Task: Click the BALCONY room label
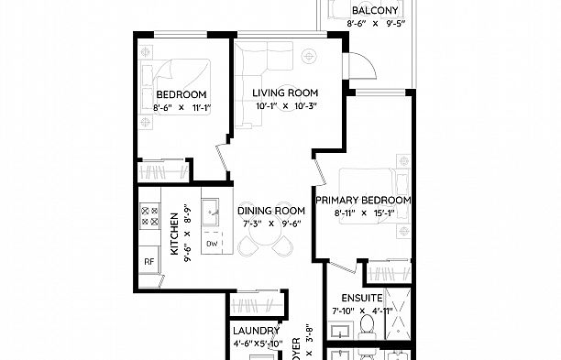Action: [x=374, y=11]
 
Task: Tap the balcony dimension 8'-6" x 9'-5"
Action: [x=374, y=25]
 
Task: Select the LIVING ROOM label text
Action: [x=285, y=93]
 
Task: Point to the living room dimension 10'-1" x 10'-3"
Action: [x=285, y=106]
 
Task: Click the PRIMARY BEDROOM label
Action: [x=362, y=199]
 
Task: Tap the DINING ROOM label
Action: [x=271, y=210]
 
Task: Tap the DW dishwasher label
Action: [x=212, y=244]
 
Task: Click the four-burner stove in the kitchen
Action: [x=148, y=215]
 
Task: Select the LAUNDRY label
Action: [x=256, y=331]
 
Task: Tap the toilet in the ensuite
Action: [x=368, y=326]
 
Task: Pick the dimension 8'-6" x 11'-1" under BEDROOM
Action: [x=181, y=108]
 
